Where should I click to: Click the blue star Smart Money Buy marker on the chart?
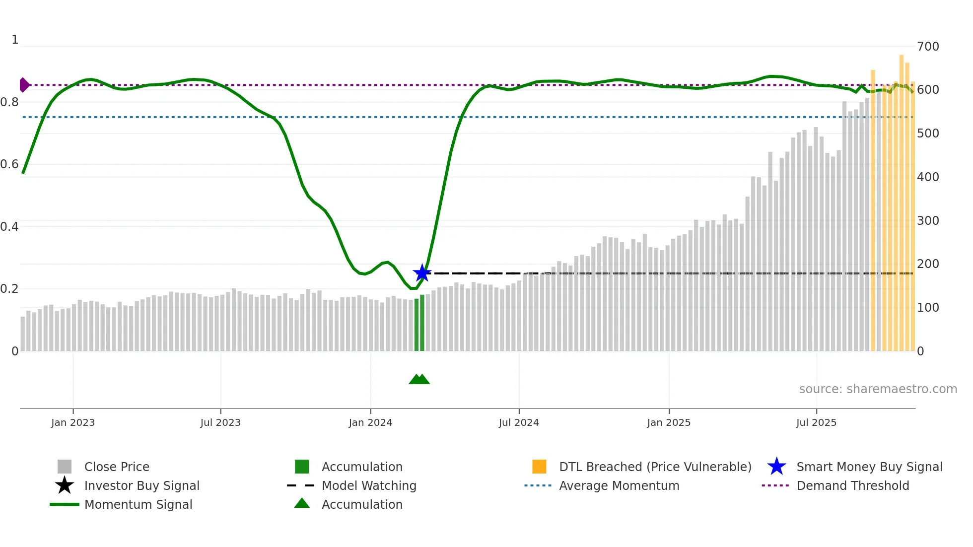point(422,273)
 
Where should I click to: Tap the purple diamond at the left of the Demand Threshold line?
point(24,85)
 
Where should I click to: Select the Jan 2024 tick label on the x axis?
point(370,422)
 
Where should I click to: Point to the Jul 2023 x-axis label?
point(220,422)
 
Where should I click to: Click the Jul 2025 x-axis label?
point(816,422)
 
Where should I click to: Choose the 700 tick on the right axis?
point(928,47)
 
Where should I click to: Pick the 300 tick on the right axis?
point(928,220)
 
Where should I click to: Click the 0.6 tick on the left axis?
point(9,164)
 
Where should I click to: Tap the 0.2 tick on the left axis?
point(9,289)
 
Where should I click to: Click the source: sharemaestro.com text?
point(878,389)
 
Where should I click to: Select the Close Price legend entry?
point(117,467)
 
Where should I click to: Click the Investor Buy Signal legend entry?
point(141,485)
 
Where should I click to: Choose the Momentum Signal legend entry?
point(138,504)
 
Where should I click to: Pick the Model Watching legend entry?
point(369,485)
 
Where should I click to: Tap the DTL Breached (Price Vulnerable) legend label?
point(655,467)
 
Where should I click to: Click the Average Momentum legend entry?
point(619,485)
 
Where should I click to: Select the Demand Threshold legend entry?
point(852,485)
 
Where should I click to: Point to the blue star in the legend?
point(776,467)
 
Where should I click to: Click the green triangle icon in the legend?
point(302,503)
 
